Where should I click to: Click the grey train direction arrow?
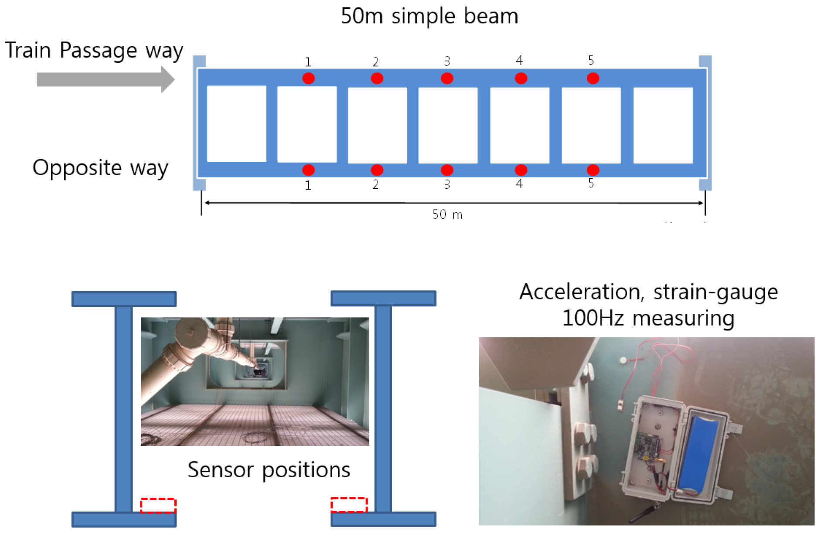(105, 80)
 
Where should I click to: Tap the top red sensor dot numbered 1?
(308, 78)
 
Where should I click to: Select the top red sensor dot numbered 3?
(447, 78)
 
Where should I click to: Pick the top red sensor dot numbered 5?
(593, 78)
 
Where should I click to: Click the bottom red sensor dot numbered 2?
(377, 170)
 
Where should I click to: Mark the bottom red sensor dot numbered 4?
(521, 170)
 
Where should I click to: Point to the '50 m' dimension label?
(447, 214)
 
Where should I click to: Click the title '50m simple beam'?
(429, 16)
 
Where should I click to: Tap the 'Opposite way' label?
(100, 168)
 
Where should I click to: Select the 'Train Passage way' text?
(94, 51)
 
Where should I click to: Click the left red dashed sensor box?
(158, 506)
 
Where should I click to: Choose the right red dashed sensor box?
(349, 505)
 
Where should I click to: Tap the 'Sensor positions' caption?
(269, 470)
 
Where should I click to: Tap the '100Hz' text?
(593, 318)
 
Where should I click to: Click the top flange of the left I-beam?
(124, 299)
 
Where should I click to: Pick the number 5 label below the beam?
(591, 183)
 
